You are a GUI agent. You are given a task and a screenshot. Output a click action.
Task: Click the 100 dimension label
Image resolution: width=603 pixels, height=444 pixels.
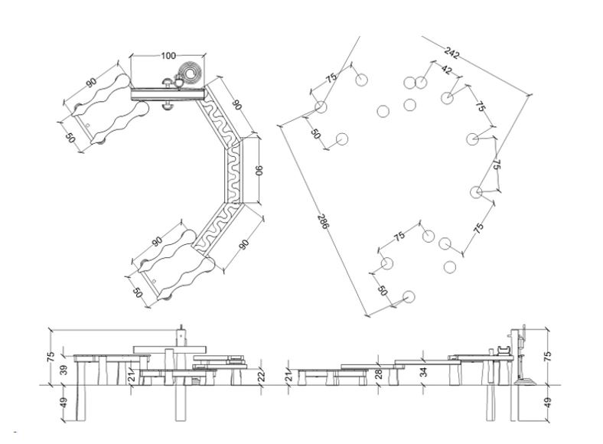168,56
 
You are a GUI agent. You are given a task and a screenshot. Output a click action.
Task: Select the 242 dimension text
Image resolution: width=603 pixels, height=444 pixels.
451,53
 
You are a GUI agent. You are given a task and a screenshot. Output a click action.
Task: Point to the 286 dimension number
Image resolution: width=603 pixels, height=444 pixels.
324,221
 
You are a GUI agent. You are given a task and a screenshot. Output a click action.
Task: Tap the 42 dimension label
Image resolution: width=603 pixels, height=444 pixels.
447,70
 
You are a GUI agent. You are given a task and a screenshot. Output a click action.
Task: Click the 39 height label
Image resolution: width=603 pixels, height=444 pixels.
64,370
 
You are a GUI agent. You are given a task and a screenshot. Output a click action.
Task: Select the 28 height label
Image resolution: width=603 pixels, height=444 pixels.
379,374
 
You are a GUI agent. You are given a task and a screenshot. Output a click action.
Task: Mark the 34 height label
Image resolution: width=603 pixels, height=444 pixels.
424,372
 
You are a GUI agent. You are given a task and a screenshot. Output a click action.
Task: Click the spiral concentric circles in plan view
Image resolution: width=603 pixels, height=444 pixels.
191,73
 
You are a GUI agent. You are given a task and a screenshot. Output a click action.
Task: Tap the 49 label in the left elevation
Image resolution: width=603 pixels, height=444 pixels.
64,403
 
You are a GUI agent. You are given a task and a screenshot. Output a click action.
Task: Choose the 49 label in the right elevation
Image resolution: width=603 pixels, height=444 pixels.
548,403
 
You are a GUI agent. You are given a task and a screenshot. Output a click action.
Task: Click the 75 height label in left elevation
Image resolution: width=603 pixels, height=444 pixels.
51,357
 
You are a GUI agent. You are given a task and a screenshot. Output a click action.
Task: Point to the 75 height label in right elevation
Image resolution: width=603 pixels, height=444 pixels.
548,356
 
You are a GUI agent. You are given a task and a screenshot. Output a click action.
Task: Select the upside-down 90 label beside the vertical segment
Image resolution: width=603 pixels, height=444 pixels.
259,170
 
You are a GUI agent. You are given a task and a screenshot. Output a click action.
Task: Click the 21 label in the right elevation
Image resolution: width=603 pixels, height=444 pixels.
288,375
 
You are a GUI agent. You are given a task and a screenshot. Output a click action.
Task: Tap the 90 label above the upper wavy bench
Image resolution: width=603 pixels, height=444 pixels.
91,83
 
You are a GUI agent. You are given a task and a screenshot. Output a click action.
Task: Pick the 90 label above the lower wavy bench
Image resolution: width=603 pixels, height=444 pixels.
158,242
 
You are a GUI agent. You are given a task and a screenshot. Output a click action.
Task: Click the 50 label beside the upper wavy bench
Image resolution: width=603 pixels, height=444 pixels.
70,138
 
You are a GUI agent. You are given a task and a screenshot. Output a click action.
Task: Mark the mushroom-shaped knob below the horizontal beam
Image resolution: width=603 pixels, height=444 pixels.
168,106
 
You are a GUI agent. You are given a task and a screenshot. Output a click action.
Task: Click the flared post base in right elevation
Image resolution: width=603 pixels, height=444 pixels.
525,381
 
